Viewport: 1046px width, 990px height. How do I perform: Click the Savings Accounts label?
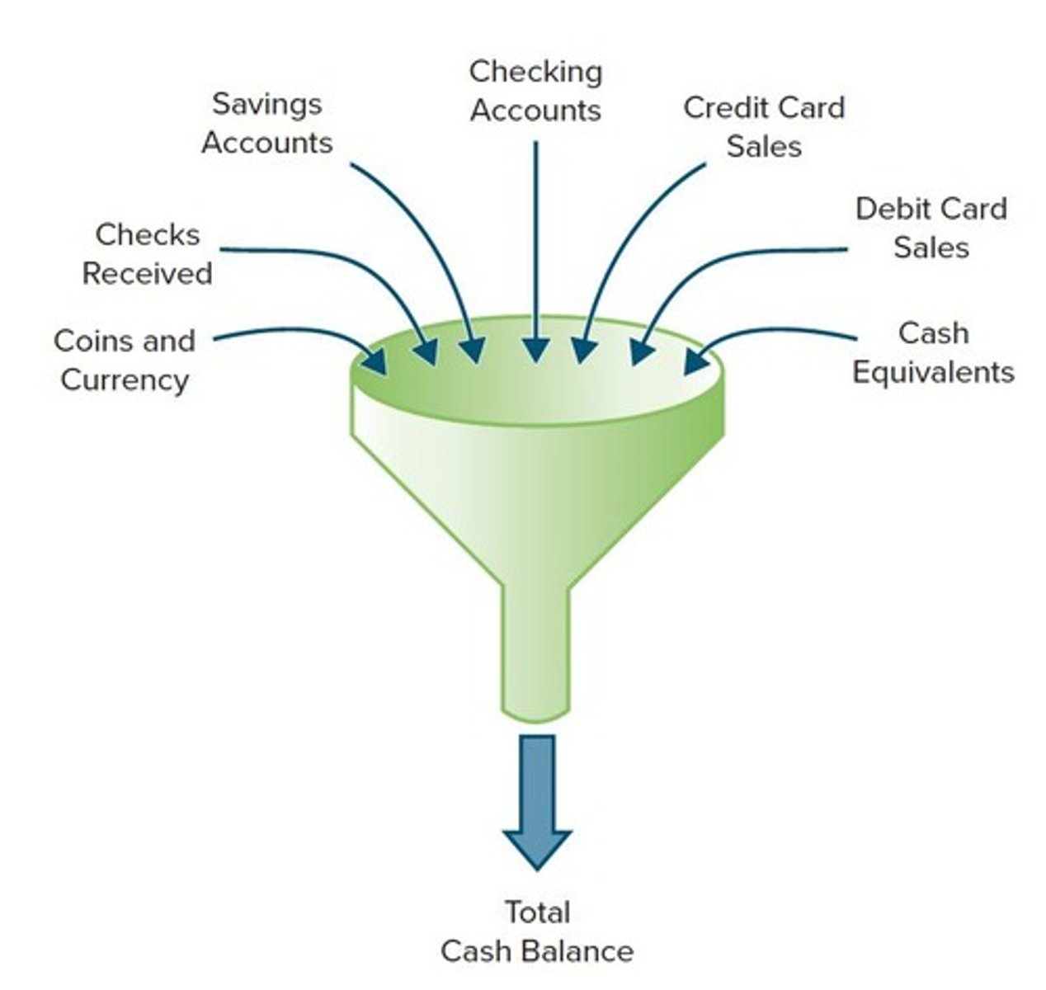click(266, 123)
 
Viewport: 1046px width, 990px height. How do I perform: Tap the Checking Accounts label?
click(535, 91)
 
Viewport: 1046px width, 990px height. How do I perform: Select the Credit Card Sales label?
click(764, 126)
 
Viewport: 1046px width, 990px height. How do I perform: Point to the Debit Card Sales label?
click(931, 228)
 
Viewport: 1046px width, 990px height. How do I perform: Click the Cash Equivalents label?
click(933, 352)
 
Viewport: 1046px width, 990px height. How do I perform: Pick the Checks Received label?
click(147, 253)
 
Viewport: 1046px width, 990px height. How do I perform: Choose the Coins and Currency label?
click(124, 360)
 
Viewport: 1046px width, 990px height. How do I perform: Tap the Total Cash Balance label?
click(536, 931)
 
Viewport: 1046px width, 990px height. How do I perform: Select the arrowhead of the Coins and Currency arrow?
click(376, 361)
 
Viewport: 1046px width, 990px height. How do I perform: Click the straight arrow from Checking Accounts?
click(536, 247)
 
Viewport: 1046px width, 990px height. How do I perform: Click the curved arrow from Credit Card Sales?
click(627, 239)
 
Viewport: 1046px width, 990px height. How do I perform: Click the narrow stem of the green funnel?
click(536, 652)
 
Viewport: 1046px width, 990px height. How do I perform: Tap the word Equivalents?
click(933, 372)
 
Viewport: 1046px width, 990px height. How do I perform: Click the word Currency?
click(124, 379)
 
